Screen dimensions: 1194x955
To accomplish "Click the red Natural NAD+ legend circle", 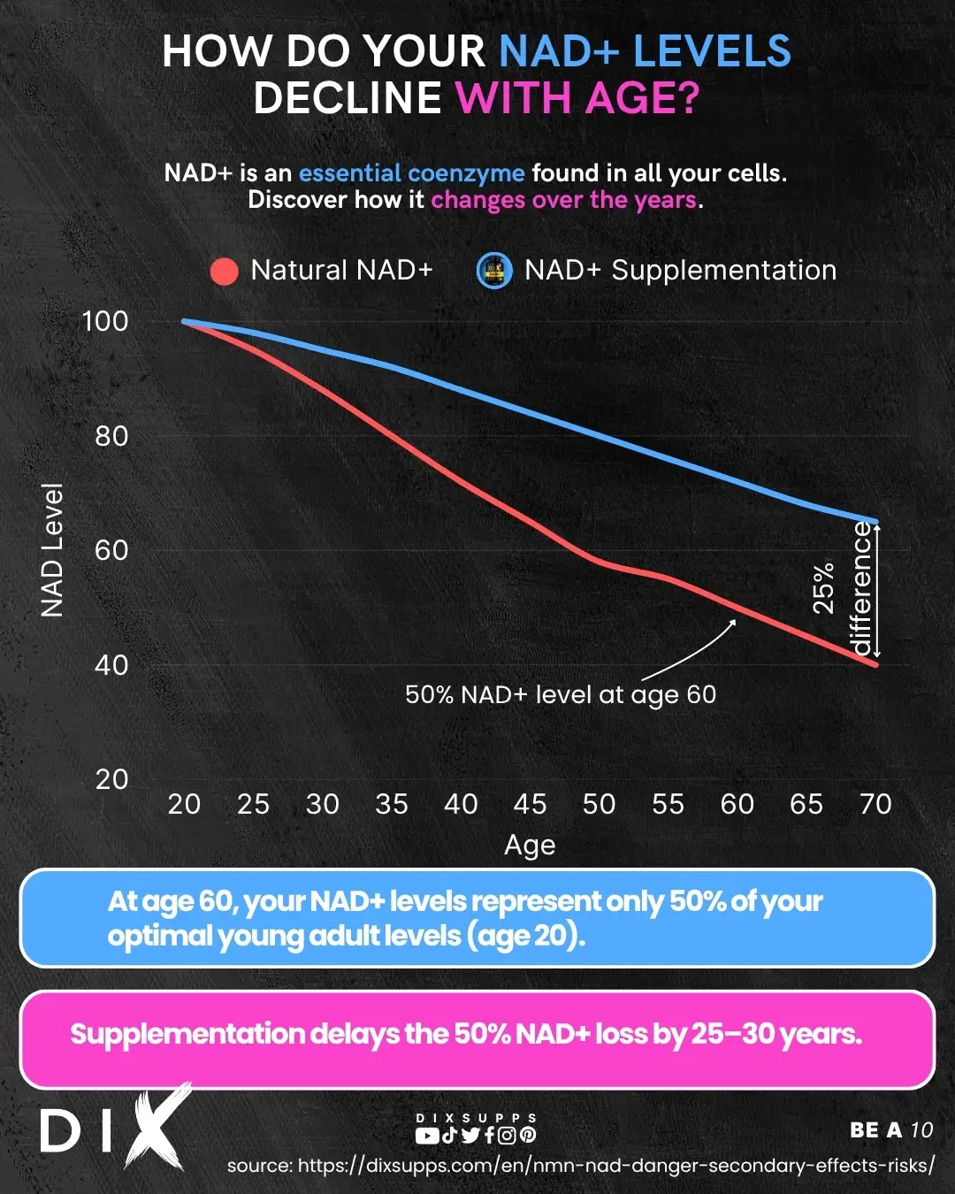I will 225,272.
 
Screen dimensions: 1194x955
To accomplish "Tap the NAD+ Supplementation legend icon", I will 494,271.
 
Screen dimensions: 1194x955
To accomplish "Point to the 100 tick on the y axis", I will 105,321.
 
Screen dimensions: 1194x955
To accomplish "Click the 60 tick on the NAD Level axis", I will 111,550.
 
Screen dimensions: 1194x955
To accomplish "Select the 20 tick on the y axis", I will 111,779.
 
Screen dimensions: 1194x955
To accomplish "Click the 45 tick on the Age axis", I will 530,804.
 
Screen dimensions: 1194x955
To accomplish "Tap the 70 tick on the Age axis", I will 875,804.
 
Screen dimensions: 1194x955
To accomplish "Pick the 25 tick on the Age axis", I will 253,804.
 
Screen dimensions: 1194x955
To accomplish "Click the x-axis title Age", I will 530,846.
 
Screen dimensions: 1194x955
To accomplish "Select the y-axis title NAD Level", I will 52,550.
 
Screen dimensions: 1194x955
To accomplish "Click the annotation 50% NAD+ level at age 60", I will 561,695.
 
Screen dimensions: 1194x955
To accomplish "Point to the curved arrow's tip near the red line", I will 734,621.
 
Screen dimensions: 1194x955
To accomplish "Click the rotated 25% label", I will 823,588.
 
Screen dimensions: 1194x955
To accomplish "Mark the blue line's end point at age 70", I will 875,522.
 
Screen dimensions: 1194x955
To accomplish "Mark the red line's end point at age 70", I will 875,663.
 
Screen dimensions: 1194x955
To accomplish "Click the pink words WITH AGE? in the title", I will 577,97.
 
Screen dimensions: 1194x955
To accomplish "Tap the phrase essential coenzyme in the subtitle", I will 411,172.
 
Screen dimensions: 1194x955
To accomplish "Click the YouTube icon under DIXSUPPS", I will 426,1136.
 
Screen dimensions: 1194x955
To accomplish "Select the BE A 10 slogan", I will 891,1130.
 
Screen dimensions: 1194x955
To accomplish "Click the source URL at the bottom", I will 580,1166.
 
